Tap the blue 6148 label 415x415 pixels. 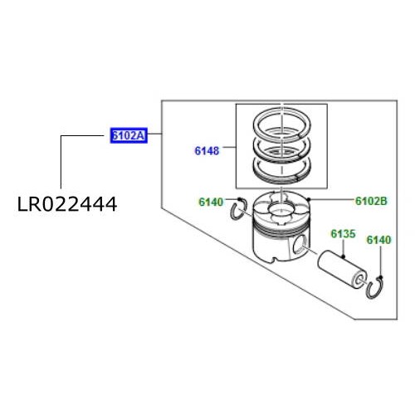click(x=207, y=152)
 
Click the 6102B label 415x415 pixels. click(x=372, y=201)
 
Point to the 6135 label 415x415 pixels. click(x=343, y=235)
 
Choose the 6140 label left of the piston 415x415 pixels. click(x=211, y=202)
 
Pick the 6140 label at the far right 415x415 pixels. click(x=378, y=240)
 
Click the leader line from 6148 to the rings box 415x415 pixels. click(x=229, y=152)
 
